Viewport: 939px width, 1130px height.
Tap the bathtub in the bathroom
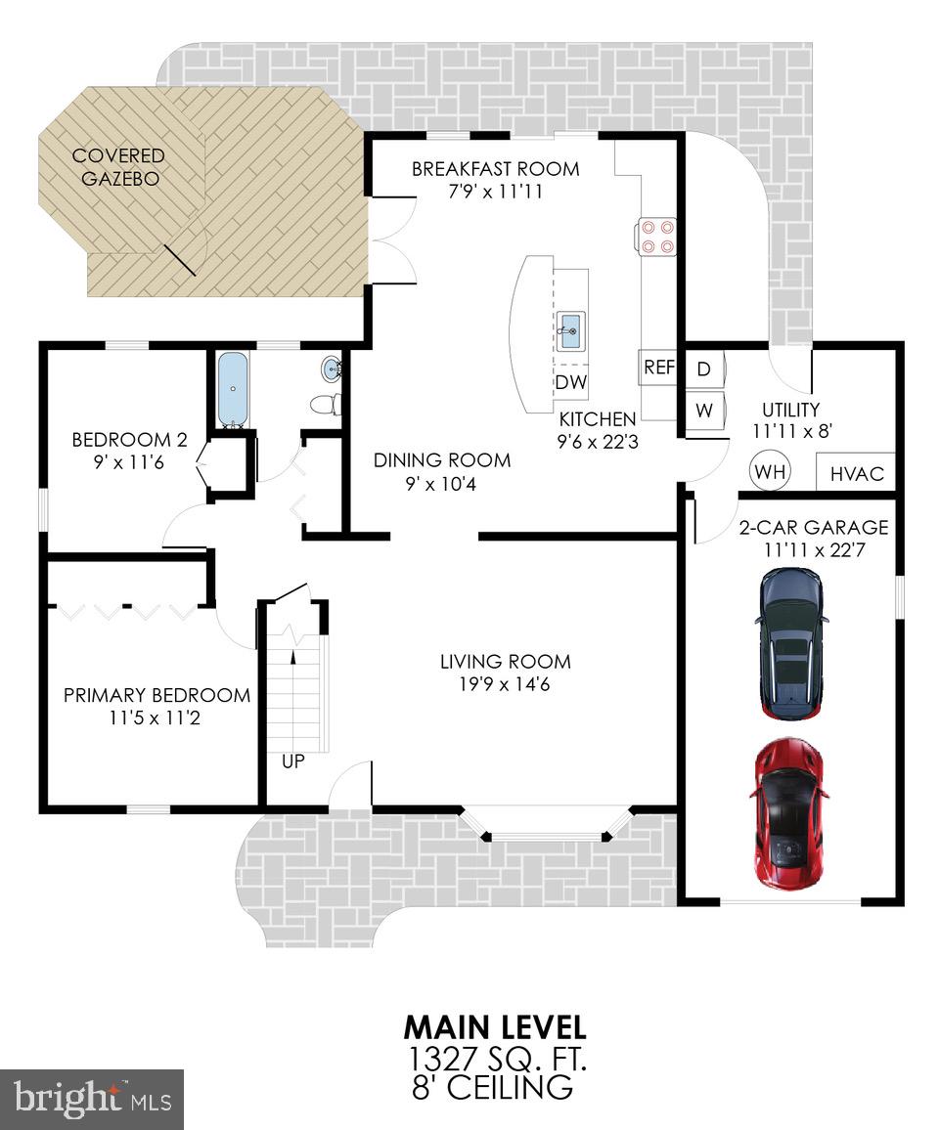tap(233, 389)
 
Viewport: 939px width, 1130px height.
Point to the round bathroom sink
tap(332, 369)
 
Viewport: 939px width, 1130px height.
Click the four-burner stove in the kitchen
tap(655, 236)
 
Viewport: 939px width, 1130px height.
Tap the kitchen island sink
tap(569, 332)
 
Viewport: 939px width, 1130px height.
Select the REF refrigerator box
tap(658, 368)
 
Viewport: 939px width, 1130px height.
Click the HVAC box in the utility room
tap(856, 473)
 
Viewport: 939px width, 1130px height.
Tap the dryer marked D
tap(703, 369)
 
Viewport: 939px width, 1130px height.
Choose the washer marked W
tap(703, 411)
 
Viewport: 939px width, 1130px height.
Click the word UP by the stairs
tap(293, 761)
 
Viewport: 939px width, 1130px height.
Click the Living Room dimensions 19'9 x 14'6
tap(505, 684)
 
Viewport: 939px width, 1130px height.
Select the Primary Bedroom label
tap(156, 695)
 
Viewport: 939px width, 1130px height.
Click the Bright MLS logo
tap(92, 1100)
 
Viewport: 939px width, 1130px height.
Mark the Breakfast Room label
tap(495, 169)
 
